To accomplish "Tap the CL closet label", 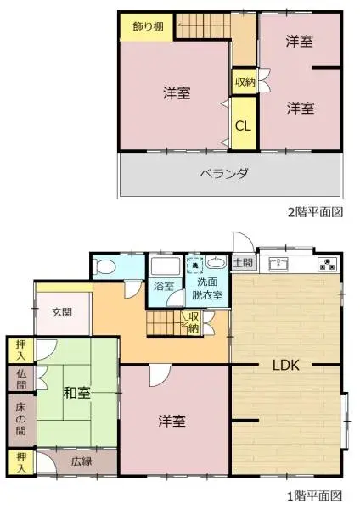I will point(243,126).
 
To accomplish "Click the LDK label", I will point(285,366).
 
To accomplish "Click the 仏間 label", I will point(20,378).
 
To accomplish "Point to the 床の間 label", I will point(20,418).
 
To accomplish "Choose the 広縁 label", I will point(81,462).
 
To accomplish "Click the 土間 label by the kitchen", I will point(242,262).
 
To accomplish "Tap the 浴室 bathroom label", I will point(164,287).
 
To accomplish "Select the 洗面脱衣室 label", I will point(207,289).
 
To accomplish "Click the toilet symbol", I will point(107,266).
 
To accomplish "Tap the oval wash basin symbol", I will point(217,263).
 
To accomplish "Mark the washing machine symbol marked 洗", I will point(195,265).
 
